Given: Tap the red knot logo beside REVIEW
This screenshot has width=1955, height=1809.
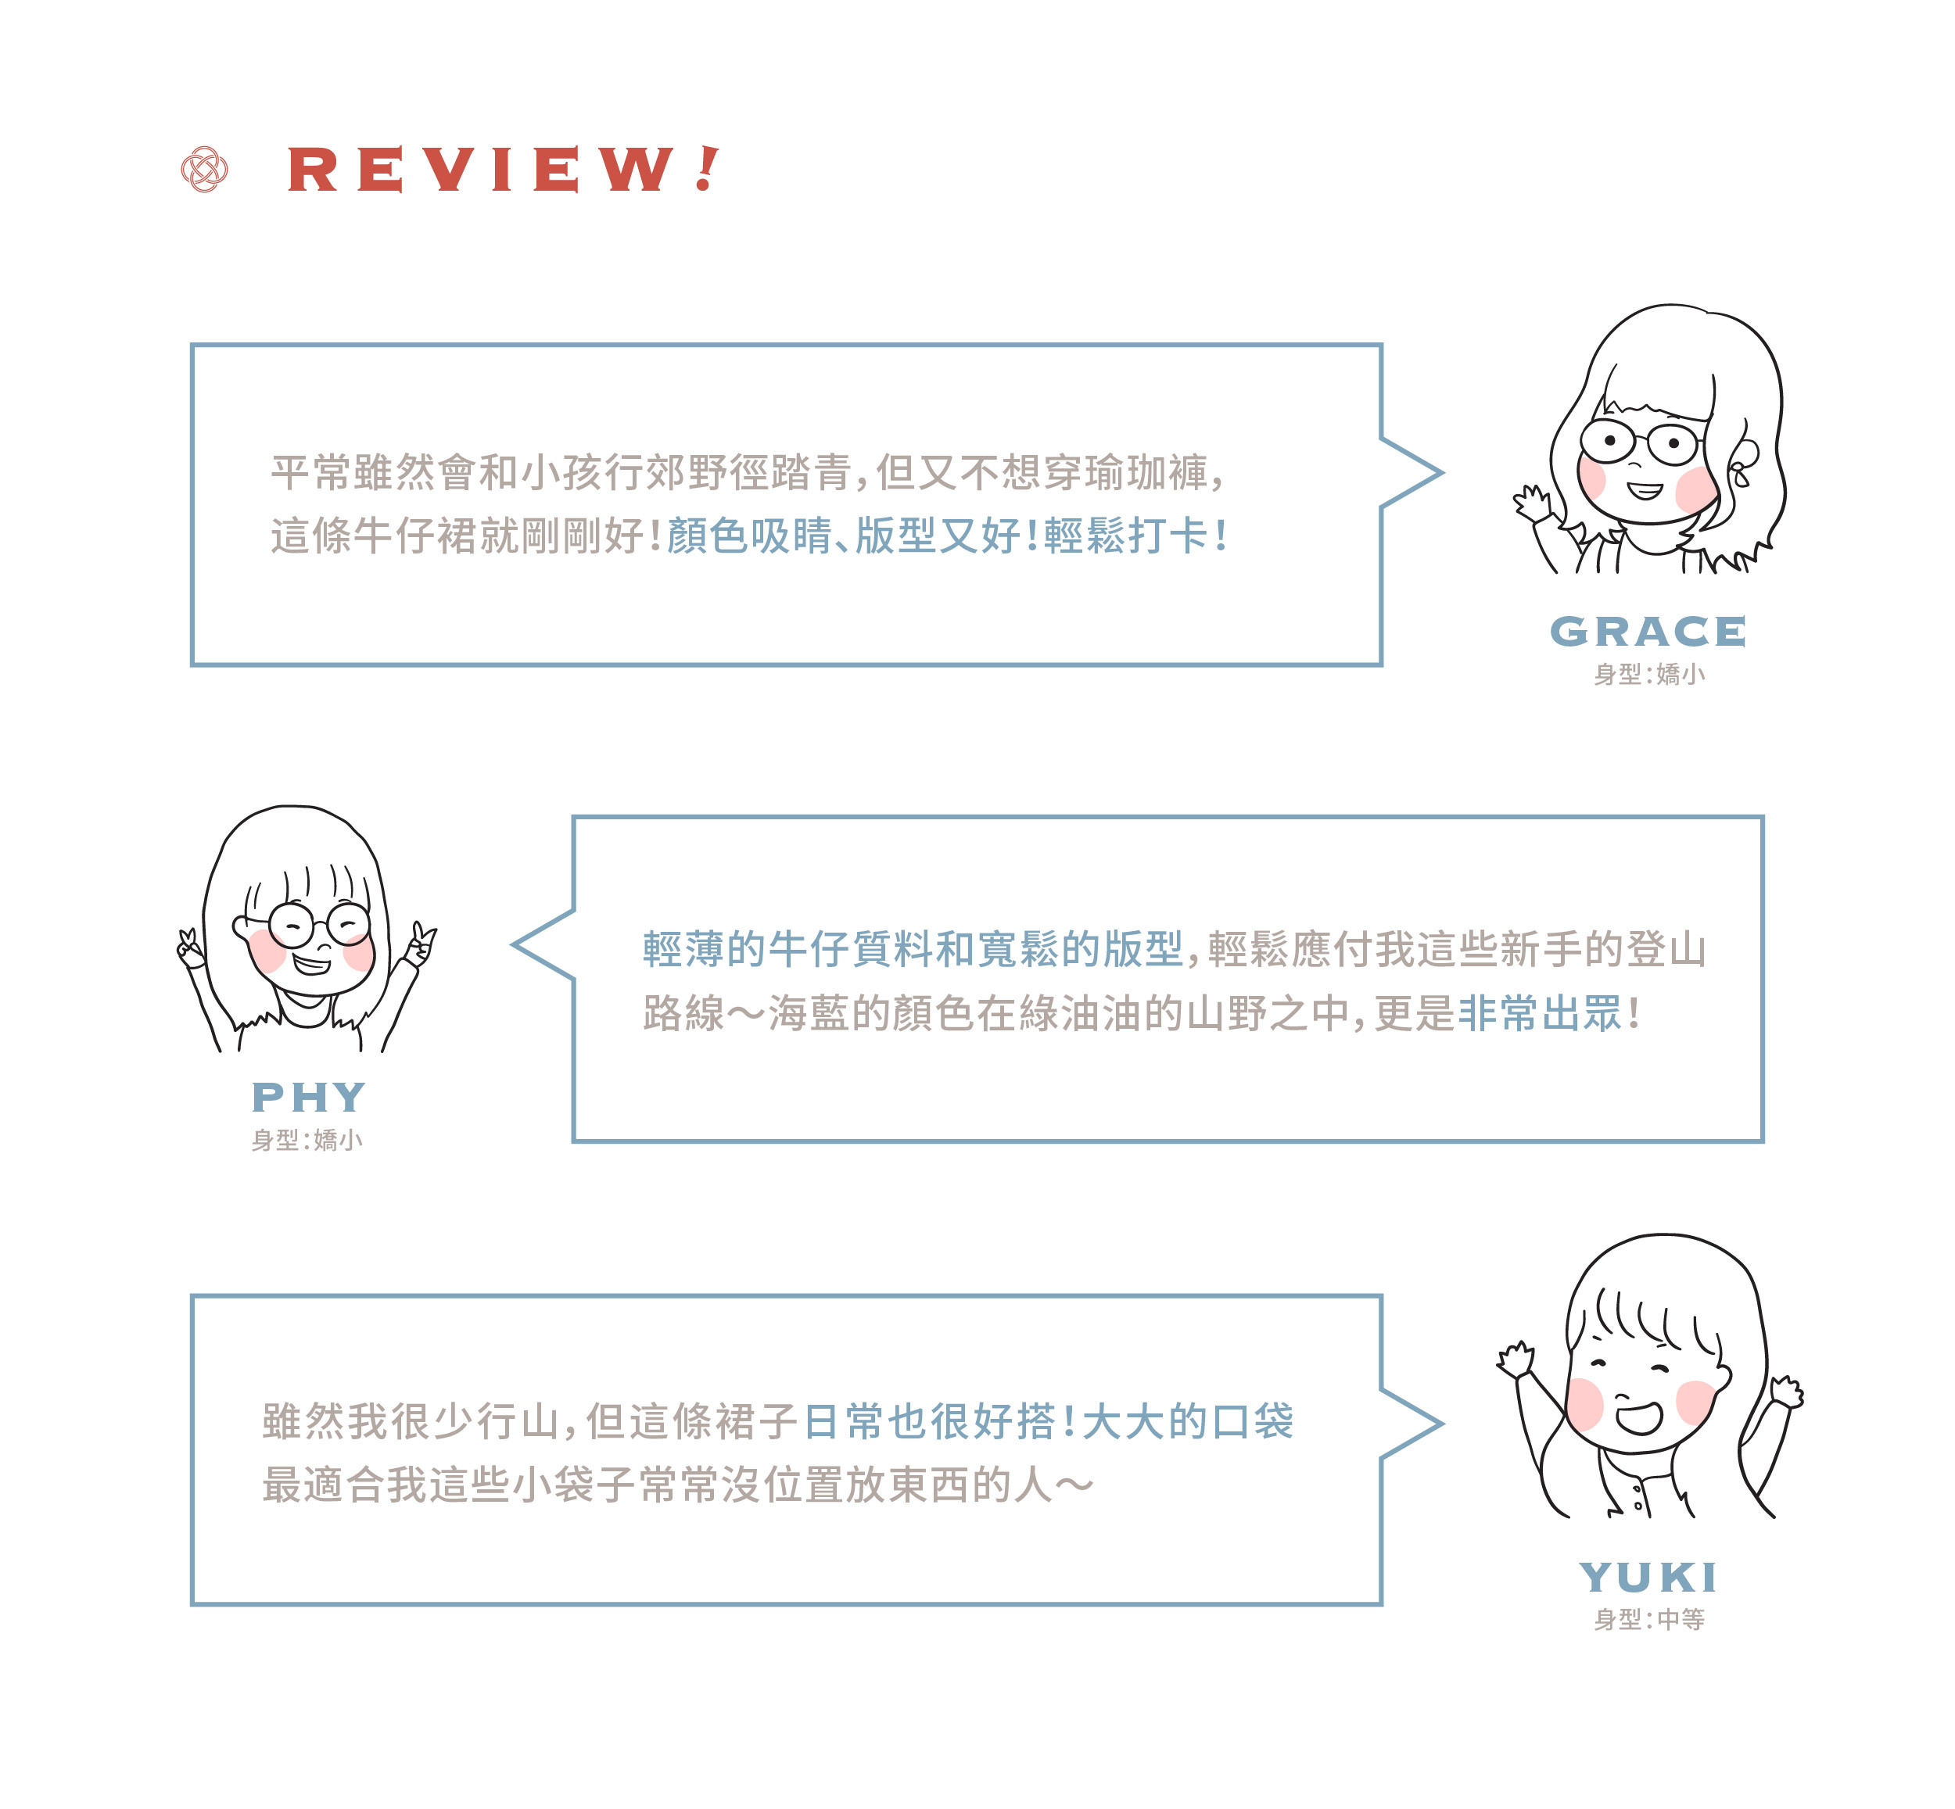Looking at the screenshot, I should tap(205, 170).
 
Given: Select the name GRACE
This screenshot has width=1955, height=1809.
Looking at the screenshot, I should tap(1648, 632).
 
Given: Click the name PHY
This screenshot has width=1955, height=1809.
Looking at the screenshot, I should tap(308, 1098).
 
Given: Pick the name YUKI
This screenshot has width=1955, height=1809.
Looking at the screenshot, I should tap(1648, 1577).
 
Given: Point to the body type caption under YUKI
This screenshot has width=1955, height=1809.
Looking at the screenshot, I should tap(1648, 1619).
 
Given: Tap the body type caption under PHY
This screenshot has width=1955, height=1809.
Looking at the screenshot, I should tap(307, 1140).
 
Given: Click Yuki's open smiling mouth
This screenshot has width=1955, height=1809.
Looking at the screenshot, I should tap(1639, 1417).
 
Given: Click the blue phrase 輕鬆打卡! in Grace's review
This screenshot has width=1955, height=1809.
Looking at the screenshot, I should tap(1135, 536).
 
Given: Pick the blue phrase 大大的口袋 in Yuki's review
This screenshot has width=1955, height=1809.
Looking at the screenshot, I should tap(1188, 1420).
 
